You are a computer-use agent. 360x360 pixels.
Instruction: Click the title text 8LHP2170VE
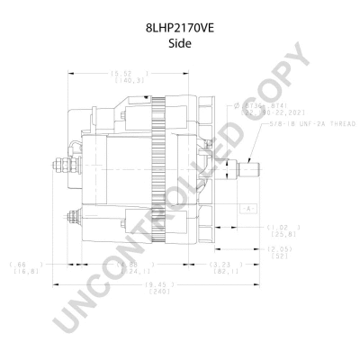179,29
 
